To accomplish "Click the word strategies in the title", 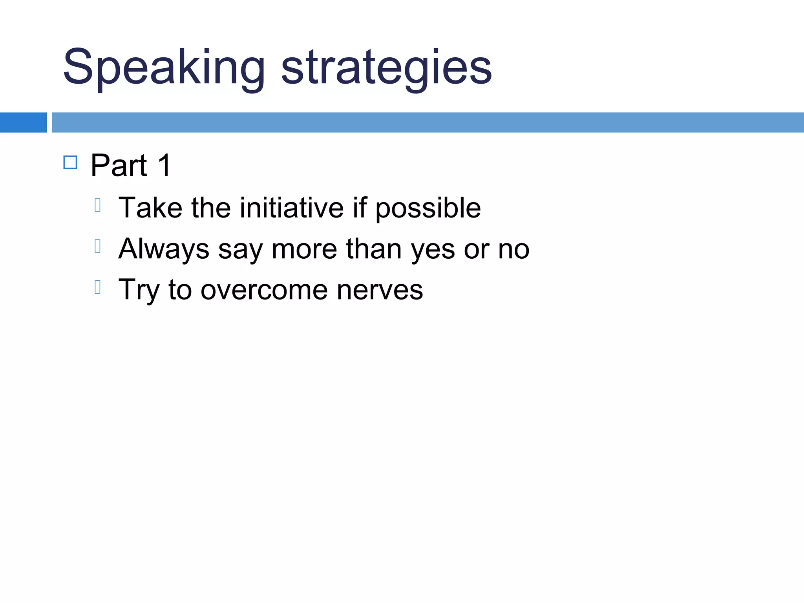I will tap(386, 68).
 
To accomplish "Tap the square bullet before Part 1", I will tap(70, 162).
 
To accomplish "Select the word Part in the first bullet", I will tap(119, 166).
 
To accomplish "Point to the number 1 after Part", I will tap(164, 166).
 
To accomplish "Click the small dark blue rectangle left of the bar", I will tap(23, 122).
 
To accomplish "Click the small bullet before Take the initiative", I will tap(98, 205).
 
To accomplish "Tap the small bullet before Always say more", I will tap(98, 246).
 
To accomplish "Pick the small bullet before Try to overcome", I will tap(98, 287).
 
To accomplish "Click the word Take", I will tap(150, 208).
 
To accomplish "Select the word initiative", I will tap(292, 208).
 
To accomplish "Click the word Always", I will tap(164, 250).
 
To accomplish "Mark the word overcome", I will tap(264, 291).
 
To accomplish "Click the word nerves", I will tap(380, 291).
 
